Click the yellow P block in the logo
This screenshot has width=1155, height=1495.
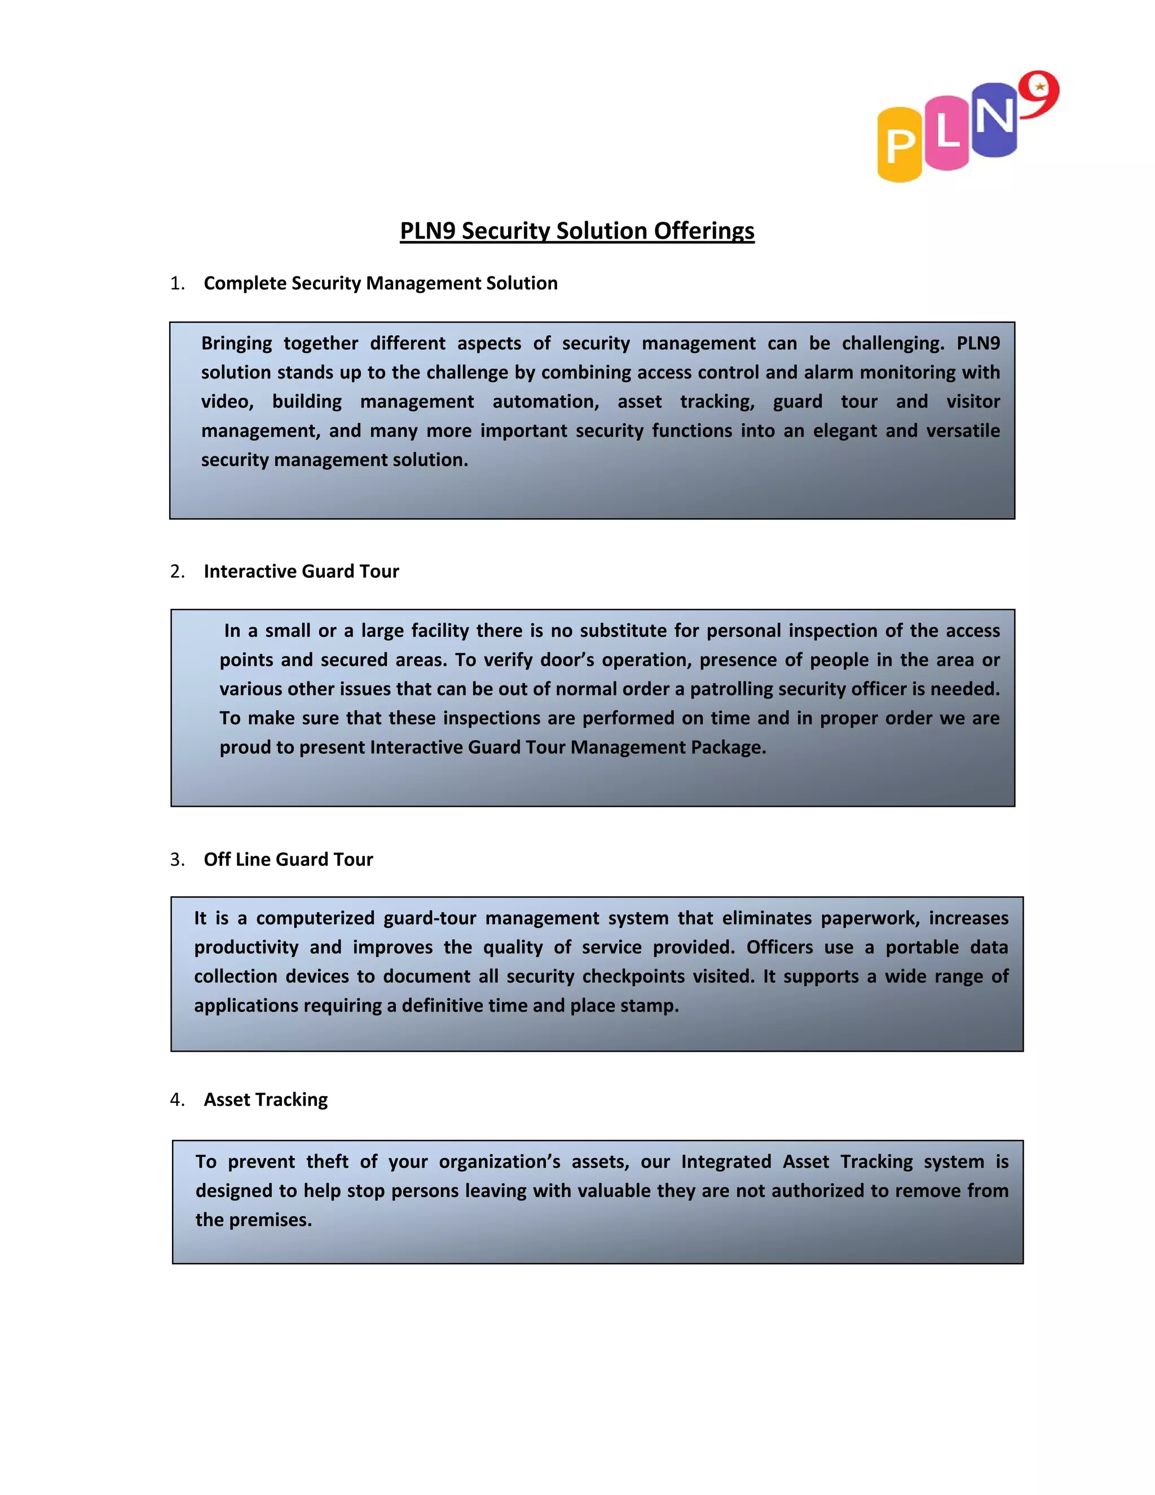coord(900,145)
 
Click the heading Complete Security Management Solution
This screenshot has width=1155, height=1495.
coord(381,283)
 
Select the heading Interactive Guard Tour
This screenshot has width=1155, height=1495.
coord(301,571)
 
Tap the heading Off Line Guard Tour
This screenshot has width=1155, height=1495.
coord(288,860)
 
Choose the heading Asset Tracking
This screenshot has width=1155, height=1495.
coord(266,1100)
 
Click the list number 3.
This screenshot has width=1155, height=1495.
coord(177,860)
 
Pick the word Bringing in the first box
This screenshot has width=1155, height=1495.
coord(236,344)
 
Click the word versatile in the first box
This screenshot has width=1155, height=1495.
coord(963,430)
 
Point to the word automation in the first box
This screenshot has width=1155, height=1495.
coord(545,402)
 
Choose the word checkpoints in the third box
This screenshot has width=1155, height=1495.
coord(633,977)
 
